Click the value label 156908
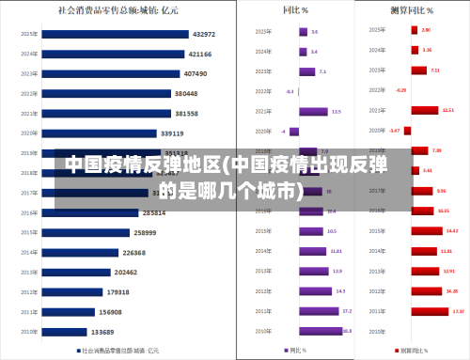coord(110,312)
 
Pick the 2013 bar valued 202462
coord(75,272)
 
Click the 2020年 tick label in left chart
coord(29,133)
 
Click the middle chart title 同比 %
coord(298,11)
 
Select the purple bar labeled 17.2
coord(319,310)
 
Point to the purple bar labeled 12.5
coord(314,111)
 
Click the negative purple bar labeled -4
coord(294,132)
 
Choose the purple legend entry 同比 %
coord(298,351)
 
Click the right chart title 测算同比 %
coord(411,11)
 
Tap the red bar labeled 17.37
coord(430,310)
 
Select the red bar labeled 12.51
coord(424,110)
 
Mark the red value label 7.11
coord(434,70)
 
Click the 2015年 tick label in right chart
coord(376,230)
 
